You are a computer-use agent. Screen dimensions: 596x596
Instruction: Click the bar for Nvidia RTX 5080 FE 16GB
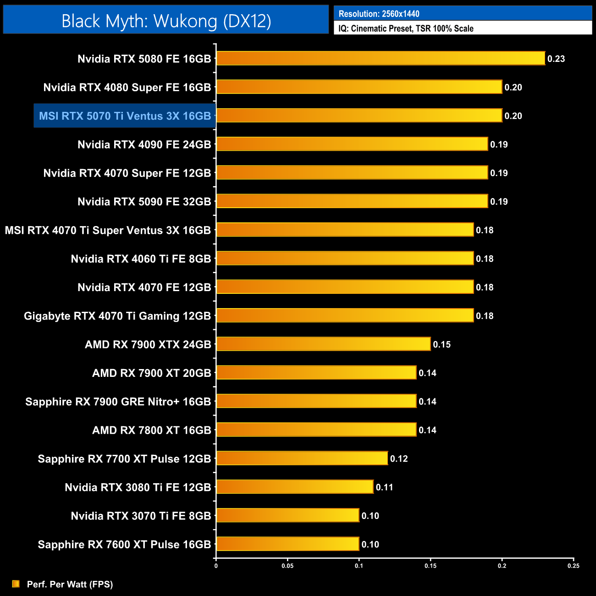[x=381, y=58]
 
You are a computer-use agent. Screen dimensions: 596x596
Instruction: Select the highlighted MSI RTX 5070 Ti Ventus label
[x=125, y=116]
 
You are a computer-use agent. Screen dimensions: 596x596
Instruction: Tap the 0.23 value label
[x=556, y=59]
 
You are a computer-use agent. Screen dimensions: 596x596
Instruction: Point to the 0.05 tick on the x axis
[x=287, y=566]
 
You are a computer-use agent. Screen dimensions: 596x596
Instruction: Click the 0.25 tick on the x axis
[x=574, y=566]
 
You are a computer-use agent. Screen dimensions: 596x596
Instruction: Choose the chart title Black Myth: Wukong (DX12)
[x=166, y=21]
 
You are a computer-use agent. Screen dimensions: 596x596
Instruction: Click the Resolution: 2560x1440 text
[x=379, y=14]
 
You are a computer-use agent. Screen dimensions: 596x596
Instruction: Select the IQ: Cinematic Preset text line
[x=406, y=28]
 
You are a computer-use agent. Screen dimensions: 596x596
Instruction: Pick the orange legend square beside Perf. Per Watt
[x=16, y=584]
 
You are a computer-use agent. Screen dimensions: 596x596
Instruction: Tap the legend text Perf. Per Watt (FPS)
[x=70, y=584]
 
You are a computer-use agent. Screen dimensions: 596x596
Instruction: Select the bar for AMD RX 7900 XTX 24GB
[x=323, y=344]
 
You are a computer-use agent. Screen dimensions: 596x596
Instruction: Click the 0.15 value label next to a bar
[x=442, y=344]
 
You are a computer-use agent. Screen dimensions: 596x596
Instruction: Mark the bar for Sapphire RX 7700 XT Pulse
[x=302, y=458]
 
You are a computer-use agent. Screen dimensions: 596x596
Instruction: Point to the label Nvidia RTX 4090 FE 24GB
[x=144, y=145]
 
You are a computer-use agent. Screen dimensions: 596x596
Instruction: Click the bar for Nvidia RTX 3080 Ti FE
[x=295, y=487]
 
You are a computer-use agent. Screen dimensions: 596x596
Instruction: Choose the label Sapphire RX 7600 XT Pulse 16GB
[x=124, y=545]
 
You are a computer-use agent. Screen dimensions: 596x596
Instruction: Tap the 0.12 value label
[x=399, y=458]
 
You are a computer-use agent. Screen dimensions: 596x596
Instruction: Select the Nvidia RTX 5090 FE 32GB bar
[x=352, y=201]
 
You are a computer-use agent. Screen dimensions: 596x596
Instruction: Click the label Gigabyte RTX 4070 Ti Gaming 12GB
[x=117, y=316]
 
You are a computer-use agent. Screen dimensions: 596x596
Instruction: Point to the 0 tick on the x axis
[x=216, y=566]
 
